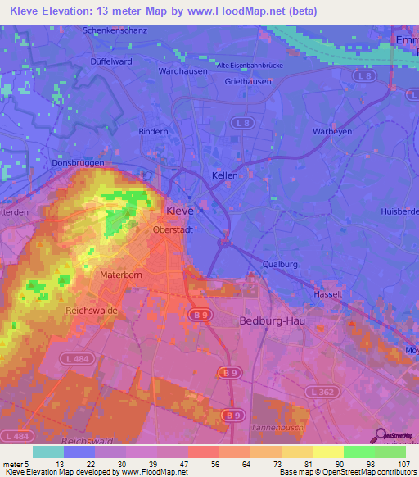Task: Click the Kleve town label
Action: click(179, 211)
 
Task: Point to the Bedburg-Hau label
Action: click(272, 320)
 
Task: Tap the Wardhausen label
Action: click(180, 71)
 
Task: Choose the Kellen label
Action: click(225, 176)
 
